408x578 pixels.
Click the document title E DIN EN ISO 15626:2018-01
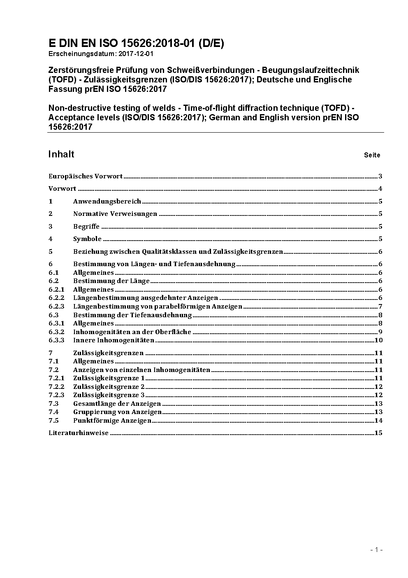coord(136,43)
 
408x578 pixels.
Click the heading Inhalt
coord(61,154)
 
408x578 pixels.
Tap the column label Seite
coord(372,155)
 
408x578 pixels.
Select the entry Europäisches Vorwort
coord(86,176)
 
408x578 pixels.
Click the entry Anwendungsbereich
coord(107,201)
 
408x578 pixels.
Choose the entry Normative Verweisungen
coord(115,214)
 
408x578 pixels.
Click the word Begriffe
coord(86,227)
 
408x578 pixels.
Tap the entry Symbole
coord(87,239)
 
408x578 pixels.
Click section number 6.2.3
coord(56,307)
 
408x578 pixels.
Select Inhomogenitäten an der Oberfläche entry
coord(132,332)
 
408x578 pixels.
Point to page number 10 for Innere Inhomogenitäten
coord(378,340)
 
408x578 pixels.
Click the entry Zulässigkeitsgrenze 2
coord(109,387)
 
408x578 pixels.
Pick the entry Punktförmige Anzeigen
coord(112,421)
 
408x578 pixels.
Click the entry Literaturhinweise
coord(79,433)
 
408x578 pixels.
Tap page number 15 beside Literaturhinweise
coord(378,433)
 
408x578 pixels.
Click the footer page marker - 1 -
coord(376,550)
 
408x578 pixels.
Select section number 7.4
coord(53,412)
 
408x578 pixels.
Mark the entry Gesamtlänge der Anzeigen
coord(117,404)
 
